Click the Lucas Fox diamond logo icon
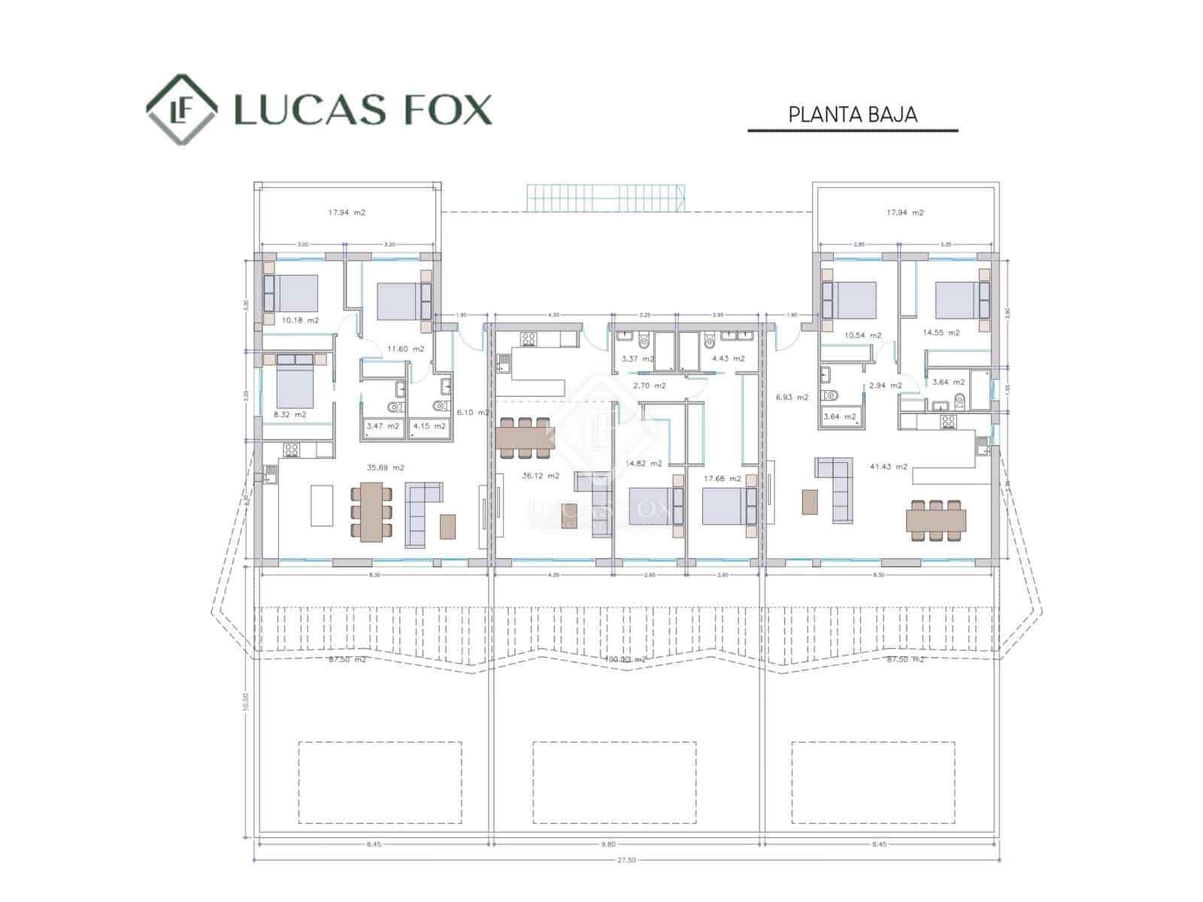(182, 109)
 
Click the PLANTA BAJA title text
(853, 115)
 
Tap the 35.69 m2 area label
(385, 468)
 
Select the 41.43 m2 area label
(888, 467)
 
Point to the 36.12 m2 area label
(541, 476)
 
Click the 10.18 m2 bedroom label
(300, 320)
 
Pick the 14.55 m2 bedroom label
(941, 332)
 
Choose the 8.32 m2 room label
(289, 414)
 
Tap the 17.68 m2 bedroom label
(722, 478)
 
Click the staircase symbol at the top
(606, 198)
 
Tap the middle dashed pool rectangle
(614, 782)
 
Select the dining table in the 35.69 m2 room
(371, 511)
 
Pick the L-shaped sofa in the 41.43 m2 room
(837, 489)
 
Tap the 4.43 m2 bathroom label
(728, 359)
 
